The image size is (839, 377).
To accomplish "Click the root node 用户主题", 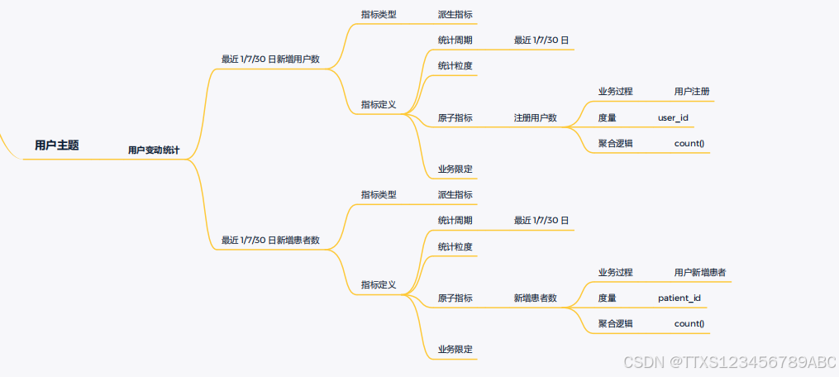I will (x=57, y=146).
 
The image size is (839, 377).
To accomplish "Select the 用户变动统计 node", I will (x=154, y=150).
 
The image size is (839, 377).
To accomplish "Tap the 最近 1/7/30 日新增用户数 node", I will (x=270, y=60).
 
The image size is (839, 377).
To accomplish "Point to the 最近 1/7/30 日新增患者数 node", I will (x=270, y=241).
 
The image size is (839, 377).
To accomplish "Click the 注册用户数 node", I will (x=536, y=118).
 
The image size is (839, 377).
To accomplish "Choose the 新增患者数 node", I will (x=536, y=298).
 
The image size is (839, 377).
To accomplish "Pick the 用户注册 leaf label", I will (x=692, y=91).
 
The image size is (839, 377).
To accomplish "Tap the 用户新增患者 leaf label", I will (x=701, y=272).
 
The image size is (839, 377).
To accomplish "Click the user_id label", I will (x=673, y=118).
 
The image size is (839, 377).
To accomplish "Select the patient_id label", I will (x=680, y=298).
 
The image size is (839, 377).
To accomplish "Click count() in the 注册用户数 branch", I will (x=689, y=143).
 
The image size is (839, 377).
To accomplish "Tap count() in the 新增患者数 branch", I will (x=689, y=323).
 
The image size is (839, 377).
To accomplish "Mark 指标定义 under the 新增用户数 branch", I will (x=379, y=105).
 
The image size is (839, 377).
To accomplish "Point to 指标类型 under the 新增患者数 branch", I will (x=379, y=195).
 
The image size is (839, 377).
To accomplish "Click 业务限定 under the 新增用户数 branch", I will (x=455, y=169).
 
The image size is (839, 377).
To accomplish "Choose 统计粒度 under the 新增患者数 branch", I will (x=455, y=246).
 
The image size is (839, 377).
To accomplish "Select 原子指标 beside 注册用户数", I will (x=455, y=118).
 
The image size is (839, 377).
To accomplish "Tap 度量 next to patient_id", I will (x=608, y=298).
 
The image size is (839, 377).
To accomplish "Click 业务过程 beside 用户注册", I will (x=616, y=91).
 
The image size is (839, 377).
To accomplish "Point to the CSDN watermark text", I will (x=730, y=362).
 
